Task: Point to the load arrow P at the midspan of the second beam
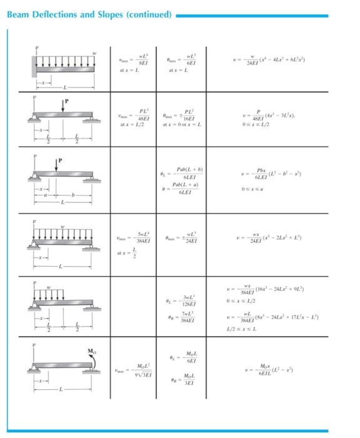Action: (x=63, y=104)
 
